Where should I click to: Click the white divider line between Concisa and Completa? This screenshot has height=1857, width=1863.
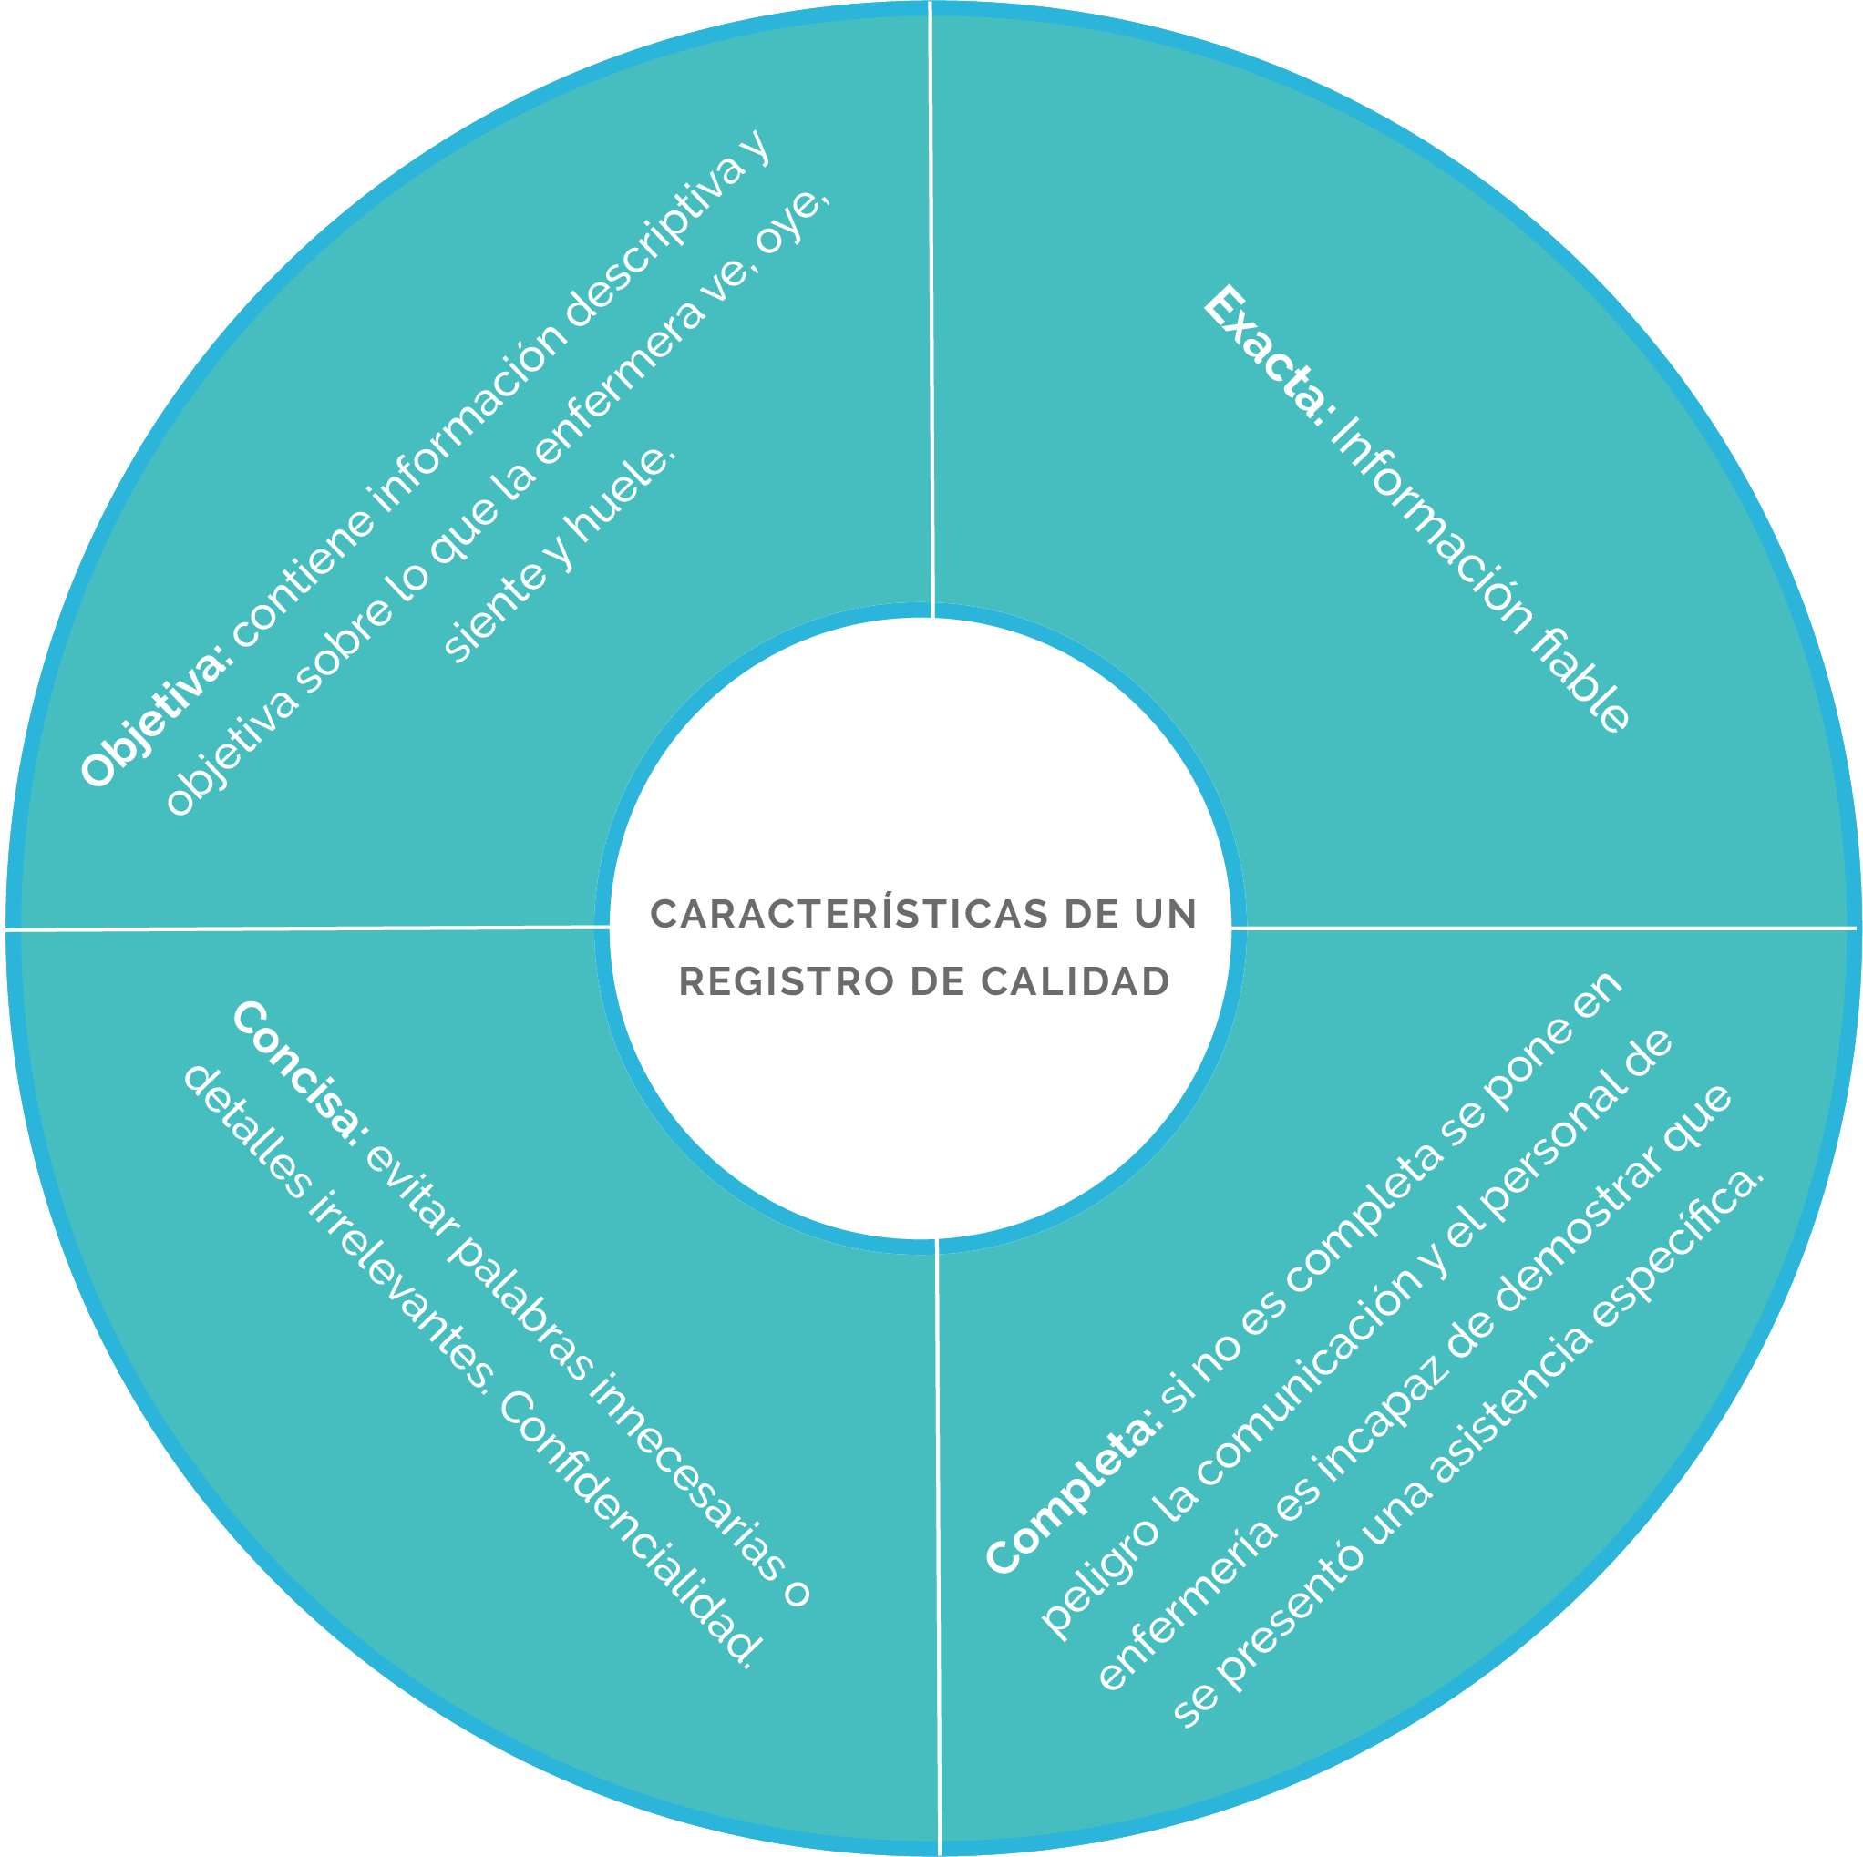tap(938, 1546)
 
